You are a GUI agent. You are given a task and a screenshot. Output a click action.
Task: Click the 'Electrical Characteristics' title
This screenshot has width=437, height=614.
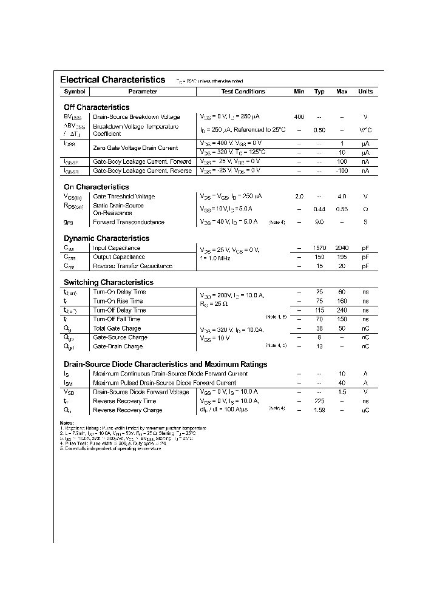point(112,79)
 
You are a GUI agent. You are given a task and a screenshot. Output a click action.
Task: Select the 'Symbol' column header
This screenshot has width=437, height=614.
point(75,92)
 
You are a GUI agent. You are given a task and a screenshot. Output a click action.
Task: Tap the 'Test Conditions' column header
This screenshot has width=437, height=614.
point(243,92)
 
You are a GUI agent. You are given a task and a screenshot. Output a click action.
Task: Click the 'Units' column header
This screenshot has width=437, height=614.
point(365,92)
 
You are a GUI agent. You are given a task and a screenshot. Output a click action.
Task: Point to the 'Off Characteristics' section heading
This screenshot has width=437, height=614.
point(97,107)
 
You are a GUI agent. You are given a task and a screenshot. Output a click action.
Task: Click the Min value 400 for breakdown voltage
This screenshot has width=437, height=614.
point(299,116)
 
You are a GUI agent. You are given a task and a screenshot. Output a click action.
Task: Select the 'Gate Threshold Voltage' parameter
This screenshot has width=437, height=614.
point(124,197)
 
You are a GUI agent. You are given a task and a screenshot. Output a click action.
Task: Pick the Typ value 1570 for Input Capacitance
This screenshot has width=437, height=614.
point(319,248)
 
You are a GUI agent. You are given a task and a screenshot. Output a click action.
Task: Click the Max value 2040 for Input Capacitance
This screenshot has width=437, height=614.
point(342,248)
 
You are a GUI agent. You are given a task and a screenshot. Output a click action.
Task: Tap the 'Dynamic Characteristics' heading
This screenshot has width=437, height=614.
point(106,238)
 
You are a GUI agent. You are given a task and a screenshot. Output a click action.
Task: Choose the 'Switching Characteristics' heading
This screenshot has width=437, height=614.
point(109,283)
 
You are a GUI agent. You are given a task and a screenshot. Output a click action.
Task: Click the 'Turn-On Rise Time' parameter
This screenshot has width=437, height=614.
point(118,301)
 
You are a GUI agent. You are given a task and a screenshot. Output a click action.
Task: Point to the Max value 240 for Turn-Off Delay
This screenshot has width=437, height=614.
point(342,310)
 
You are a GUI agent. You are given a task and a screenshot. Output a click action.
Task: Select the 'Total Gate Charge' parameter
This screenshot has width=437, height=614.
point(117,328)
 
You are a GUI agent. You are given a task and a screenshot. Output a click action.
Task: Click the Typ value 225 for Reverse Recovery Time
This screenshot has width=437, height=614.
point(319,401)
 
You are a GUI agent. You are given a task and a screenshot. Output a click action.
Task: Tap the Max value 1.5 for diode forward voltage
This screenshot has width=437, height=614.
point(342,392)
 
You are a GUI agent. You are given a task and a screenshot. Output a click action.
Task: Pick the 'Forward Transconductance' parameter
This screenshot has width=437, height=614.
point(128,223)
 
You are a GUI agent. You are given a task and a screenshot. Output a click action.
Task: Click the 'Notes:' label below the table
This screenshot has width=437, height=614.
point(67,422)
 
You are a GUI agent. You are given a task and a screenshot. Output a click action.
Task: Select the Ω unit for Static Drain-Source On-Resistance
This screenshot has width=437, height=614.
point(365,209)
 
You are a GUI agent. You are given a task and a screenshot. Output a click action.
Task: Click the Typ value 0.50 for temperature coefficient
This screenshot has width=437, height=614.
point(319,130)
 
